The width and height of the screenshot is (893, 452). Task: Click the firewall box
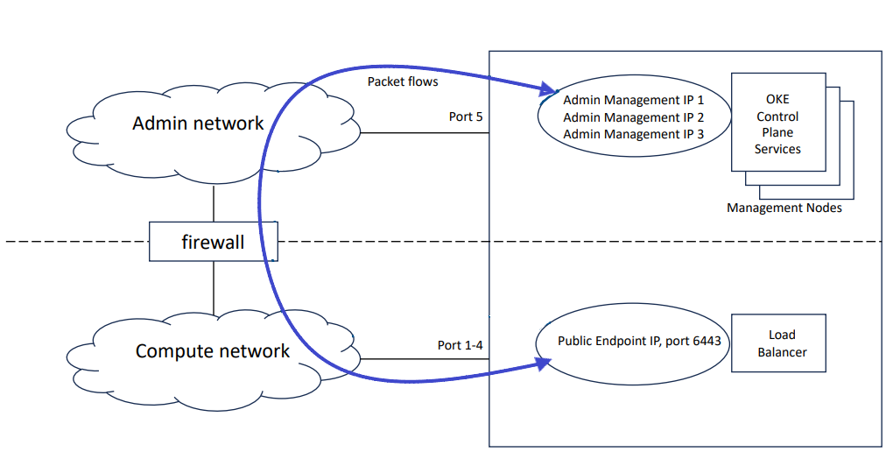213,242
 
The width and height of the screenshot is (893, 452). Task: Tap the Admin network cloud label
198,124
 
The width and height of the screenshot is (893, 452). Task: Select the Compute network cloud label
212,351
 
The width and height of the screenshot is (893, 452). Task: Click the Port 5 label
466,117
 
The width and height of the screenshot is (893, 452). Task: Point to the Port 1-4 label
460,345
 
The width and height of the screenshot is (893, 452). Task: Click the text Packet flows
403,81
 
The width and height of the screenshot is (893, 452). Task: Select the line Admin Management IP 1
633,101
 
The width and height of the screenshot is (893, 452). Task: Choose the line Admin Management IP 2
633,117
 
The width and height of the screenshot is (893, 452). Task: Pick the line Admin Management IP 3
633,134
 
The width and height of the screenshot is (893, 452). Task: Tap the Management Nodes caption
784,208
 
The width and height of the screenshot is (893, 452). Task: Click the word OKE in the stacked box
777,100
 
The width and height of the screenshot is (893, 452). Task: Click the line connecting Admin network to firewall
213,203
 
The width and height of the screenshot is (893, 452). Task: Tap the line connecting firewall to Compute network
213,286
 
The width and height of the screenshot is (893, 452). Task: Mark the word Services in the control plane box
777,149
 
